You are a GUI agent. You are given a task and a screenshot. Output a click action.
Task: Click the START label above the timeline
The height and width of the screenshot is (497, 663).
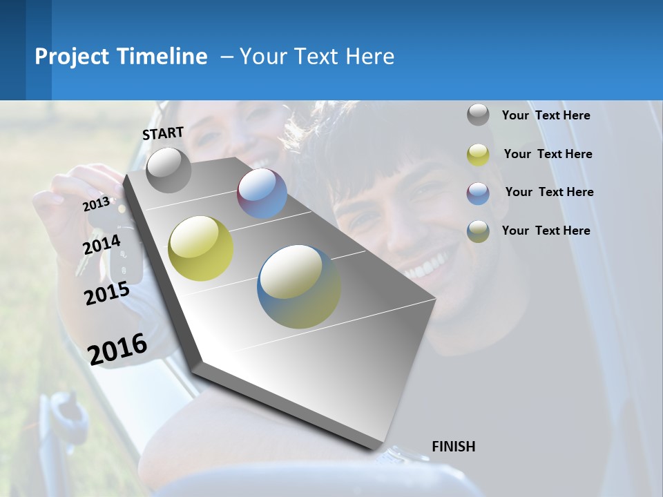pos(163,133)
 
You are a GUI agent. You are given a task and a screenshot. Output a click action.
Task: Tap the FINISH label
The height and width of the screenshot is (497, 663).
pos(453,447)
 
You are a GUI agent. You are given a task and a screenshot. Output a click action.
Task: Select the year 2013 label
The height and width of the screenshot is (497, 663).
pos(96,204)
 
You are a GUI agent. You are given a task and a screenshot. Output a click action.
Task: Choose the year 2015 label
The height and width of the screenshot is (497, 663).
pos(107,293)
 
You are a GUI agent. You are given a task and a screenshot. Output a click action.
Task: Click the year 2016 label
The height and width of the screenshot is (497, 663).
pos(117,349)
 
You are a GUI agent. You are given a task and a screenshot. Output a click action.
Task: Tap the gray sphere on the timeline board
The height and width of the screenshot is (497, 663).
pos(169,170)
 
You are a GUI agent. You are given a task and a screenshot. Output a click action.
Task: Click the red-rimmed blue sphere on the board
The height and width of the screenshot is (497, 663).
pos(262,193)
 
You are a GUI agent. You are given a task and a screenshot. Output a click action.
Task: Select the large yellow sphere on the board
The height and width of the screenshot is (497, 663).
pos(201,248)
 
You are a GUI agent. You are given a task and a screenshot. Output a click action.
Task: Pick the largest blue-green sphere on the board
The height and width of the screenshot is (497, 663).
pos(299,286)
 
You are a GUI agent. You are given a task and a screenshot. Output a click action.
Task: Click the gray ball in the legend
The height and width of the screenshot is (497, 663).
pos(478,115)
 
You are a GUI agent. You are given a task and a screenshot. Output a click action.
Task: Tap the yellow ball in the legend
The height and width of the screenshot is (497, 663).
pos(478,155)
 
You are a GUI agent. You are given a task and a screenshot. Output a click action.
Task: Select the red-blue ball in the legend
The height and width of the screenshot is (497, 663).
pos(478,193)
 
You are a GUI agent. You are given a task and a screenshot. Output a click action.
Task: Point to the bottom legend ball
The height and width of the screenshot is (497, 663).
pos(478,231)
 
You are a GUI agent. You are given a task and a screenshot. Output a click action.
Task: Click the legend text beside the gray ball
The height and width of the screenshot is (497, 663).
pos(546,115)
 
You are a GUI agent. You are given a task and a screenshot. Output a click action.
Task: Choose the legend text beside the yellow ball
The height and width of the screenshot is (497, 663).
pos(548,154)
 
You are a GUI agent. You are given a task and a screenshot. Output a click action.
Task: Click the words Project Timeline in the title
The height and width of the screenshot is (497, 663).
pos(121,57)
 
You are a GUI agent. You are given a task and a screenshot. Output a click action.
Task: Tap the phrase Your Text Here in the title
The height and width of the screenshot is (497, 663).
pos(316,57)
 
